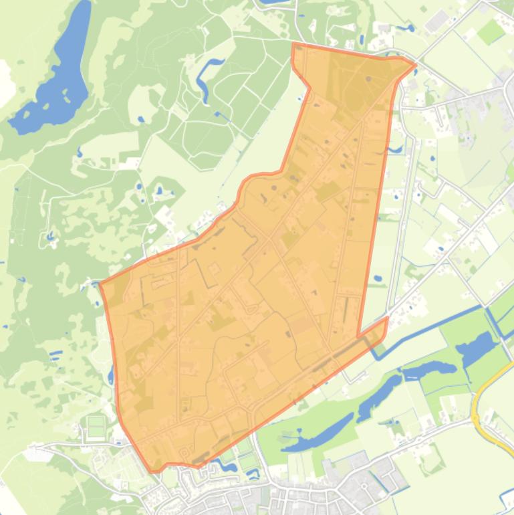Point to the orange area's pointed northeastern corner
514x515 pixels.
coord(415,64)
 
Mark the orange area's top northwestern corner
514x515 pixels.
coord(293,44)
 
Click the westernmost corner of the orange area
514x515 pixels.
coord(100,284)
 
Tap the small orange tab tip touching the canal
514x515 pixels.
coord(386,320)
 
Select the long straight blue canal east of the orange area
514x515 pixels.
coord(434,328)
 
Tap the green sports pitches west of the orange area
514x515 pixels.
coord(96,425)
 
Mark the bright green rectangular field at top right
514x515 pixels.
coord(491,30)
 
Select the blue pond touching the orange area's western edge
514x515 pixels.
coord(111,377)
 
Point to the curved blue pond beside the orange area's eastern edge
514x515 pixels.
coord(395,149)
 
